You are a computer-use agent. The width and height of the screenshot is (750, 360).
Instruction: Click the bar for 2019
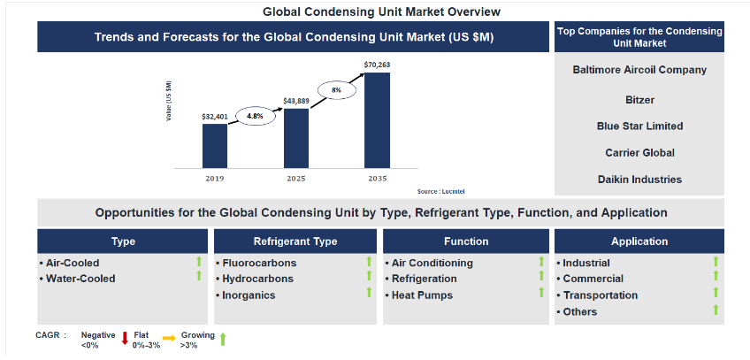point(215,146)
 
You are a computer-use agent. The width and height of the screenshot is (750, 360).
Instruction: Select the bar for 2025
point(296,138)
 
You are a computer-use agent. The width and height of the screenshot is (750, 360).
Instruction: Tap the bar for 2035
point(377,120)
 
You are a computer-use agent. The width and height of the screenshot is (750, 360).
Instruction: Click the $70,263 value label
point(377,65)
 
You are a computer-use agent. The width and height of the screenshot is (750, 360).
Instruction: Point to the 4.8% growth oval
point(256,116)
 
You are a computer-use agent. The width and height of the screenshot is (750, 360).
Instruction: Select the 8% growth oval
point(337,90)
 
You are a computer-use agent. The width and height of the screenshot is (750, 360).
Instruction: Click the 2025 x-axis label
point(296,179)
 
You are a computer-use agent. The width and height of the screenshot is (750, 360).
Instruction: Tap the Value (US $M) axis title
point(169,101)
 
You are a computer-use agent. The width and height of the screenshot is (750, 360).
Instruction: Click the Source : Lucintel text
point(440,191)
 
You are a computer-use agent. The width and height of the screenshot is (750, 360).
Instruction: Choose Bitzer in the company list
point(639,100)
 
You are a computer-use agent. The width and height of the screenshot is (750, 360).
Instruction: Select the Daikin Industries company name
point(639,180)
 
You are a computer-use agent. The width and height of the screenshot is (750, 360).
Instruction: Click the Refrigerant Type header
point(295,241)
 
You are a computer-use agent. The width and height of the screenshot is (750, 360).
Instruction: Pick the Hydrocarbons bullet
point(255,279)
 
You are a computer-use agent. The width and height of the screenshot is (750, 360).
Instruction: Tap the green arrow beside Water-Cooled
point(199,276)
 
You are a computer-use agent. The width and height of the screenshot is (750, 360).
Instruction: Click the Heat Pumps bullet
point(419,295)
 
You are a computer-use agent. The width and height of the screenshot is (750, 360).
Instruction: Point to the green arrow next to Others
point(716,310)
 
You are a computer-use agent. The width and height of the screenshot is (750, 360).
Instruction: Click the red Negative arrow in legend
point(125,338)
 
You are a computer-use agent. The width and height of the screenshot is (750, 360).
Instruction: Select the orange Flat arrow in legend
point(169,339)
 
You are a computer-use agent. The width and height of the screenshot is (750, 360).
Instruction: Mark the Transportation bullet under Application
point(597,295)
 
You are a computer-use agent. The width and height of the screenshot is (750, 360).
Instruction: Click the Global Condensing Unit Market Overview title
point(381,11)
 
